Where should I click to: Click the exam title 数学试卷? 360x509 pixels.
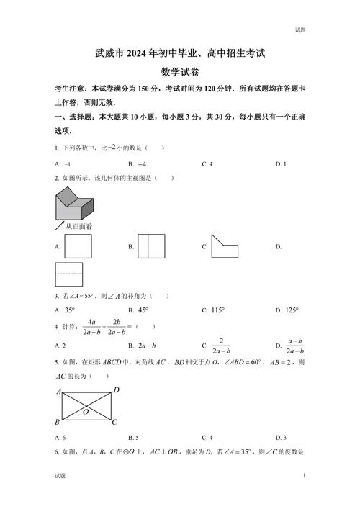tap(180, 72)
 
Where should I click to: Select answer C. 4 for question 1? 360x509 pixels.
tap(207, 164)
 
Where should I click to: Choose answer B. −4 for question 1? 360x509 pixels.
tap(140, 164)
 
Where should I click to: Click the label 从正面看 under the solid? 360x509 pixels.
tap(78, 226)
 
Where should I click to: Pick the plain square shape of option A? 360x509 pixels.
tap(78, 247)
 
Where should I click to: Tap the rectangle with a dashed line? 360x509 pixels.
tap(68, 274)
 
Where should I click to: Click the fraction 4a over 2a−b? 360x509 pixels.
tap(92, 327)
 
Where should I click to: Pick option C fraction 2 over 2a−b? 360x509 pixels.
tap(220, 346)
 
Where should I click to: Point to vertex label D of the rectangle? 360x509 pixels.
tap(116, 389)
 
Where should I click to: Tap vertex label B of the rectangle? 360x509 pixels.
tap(58, 422)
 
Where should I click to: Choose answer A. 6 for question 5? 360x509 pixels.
tap(60, 437)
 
